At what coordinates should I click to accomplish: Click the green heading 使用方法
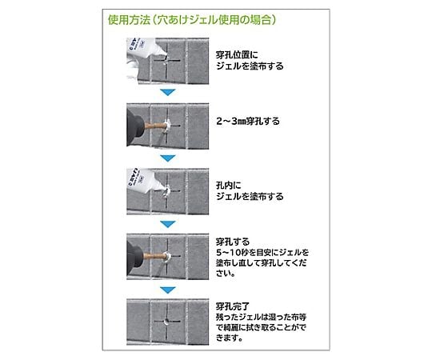pyautogui.click(x=129, y=20)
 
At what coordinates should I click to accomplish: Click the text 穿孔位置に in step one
pyautogui.click(x=237, y=55)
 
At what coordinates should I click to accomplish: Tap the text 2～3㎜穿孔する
pyautogui.click(x=248, y=121)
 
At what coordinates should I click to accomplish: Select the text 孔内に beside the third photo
pyautogui.click(x=228, y=186)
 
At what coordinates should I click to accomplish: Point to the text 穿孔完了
pyautogui.click(x=233, y=306)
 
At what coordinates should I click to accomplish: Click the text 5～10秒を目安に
pyautogui.click(x=247, y=252)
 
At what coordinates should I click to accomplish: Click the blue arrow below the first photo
pyautogui.click(x=168, y=92)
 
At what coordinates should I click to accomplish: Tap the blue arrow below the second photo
pyautogui.click(x=168, y=158)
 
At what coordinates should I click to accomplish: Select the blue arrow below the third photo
pyautogui.click(x=168, y=224)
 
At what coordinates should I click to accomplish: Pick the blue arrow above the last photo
pyautogui.click(x=168, y=290)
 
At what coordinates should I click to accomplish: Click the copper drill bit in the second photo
pyautogui.click(x=155, y=126)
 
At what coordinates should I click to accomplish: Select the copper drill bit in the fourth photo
pyautogui.click(x=154, y=257)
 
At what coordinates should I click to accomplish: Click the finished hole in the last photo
pyautogui.click(x=166, y=322)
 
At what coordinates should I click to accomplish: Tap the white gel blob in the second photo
pyautogui.click(x=167, y=126)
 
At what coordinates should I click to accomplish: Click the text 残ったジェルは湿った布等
pyautogui.click(x=261, y=317)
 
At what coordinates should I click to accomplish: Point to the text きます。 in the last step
pyautogui.click(x=230, y=338)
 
